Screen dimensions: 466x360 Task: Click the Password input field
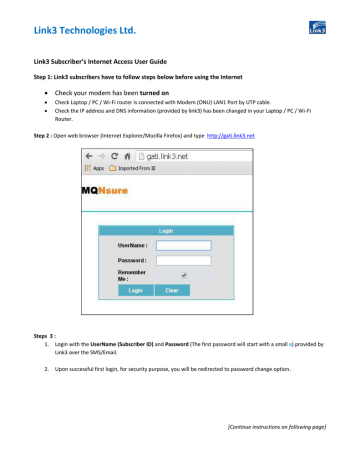coord(184,259)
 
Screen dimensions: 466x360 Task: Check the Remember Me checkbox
coord(183,274)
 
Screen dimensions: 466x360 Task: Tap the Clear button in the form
coord(172,290)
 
